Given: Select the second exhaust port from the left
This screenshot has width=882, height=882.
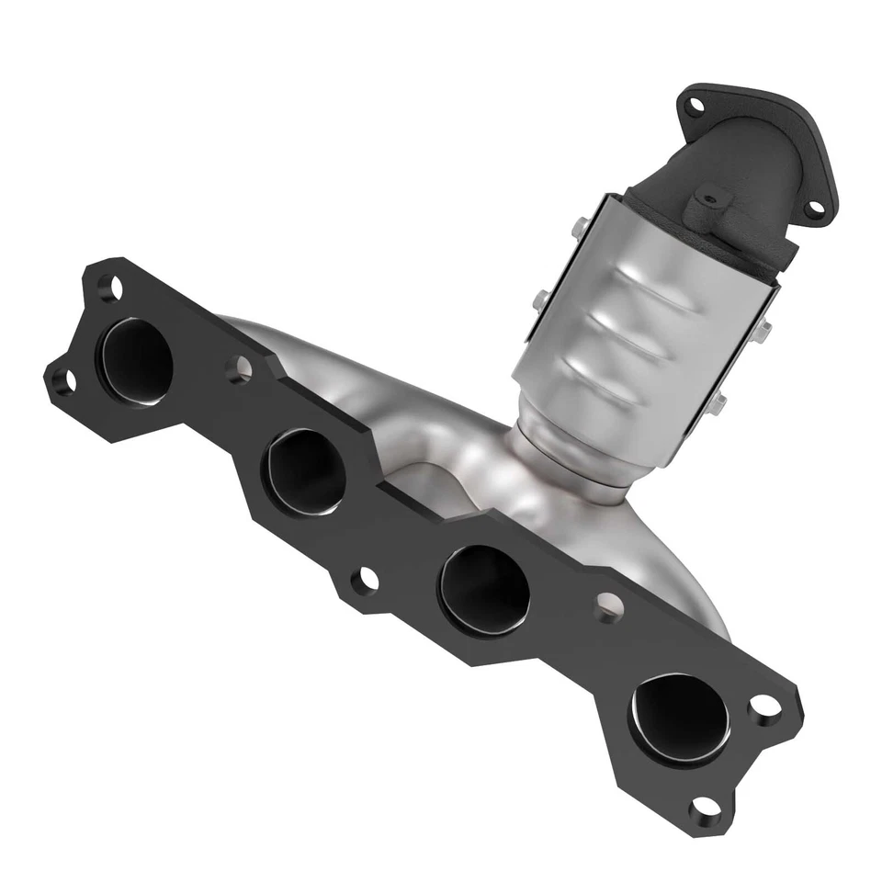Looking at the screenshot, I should tap(303, 470).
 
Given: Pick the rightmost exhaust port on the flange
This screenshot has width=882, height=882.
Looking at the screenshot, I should tap(680, 718).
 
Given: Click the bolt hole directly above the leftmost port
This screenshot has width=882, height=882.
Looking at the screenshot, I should tap(110, 288).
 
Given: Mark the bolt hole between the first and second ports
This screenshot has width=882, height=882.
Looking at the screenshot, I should tap(239, 369).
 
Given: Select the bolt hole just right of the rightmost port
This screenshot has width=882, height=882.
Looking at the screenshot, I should tap(764, 706).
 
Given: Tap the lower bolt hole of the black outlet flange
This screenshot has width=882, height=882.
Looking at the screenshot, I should tap(814, 208).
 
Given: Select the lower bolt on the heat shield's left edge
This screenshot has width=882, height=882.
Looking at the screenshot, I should tap(542, 298).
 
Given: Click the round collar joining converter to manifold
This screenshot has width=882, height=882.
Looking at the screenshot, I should tap(570, 469).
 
